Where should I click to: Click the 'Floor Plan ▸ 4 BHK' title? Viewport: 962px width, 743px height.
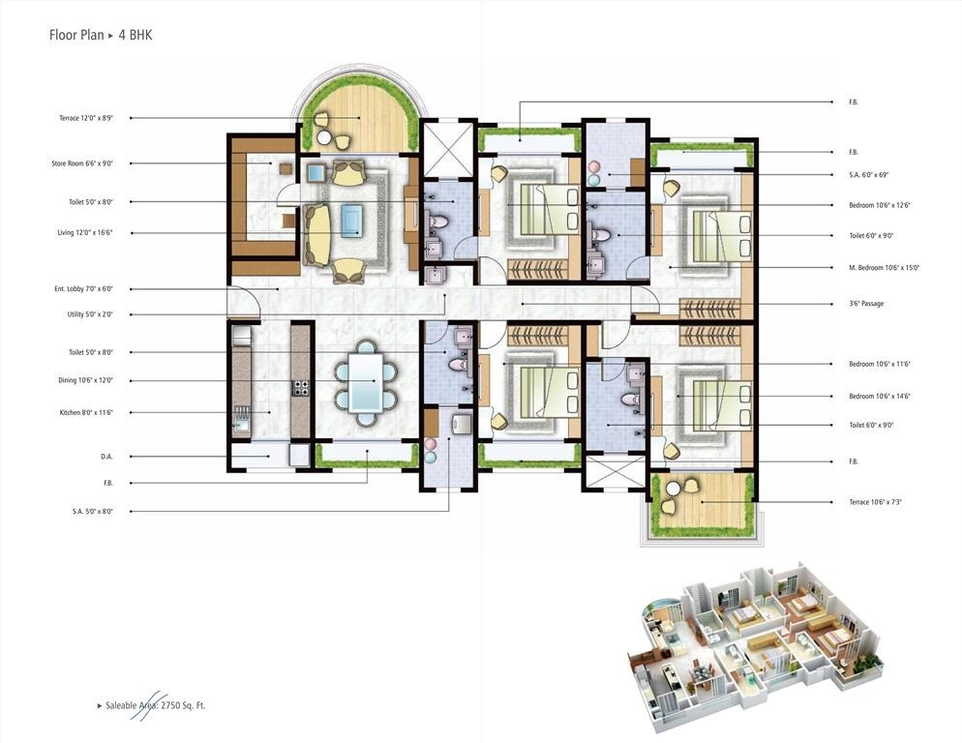click(101, 35)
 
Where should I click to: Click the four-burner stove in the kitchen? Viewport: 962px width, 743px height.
click(301, 387)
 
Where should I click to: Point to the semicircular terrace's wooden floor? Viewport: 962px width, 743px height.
click(363, 126)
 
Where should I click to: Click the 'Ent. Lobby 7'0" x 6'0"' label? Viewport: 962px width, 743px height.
click(84, 289)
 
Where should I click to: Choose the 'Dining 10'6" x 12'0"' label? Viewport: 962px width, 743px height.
click(85, 381)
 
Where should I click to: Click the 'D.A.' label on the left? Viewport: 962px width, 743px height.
click(106, 457)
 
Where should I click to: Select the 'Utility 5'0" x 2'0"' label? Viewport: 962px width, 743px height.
click(84, 314)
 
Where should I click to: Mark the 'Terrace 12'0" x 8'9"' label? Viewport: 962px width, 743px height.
click(85, 118)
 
